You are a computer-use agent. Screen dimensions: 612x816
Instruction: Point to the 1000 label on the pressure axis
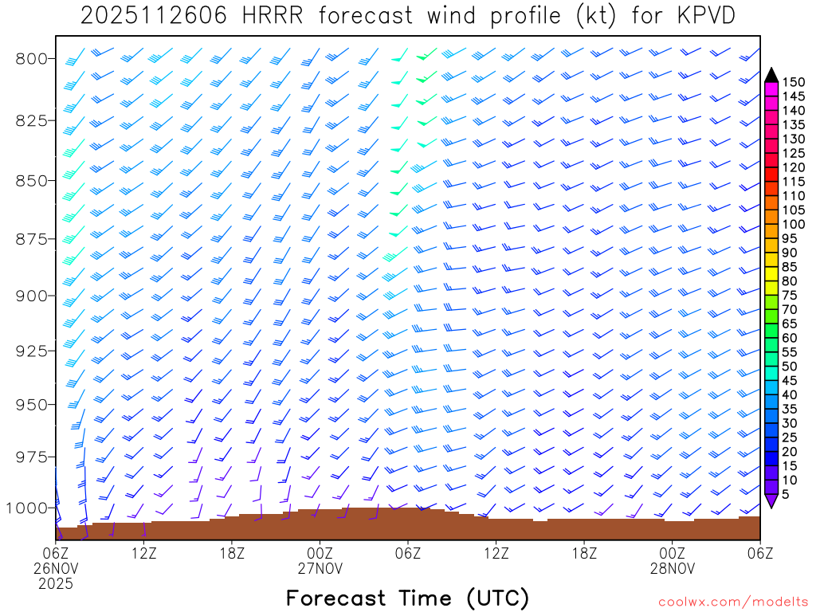pyautogui.click(x=28, y=508)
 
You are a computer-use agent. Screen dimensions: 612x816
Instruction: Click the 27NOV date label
pyautogui.click(x=320, y=568)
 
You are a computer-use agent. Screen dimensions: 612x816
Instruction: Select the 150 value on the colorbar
pyautogui.click(x=794, y=82)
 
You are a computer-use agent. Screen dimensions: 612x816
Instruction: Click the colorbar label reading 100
pyautogui.click(x=794, y=225)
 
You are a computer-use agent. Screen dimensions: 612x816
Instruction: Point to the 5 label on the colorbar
pyautogui.click(x=787, y=495)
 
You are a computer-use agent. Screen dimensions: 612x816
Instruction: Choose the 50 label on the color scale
pyautogui.click(x=790, y=367)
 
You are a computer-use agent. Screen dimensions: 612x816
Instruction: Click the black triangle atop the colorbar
pyautogui.click(x=771, y=75)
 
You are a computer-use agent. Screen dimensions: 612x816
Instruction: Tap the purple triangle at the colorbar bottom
pyautogui.click(x=771, y=500)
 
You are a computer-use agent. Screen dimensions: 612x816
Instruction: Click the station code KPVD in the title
pyautogui.click(x=701, y=16)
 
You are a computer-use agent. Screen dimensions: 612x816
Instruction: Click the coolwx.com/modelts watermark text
pyautogui.click(x=732, y=602)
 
